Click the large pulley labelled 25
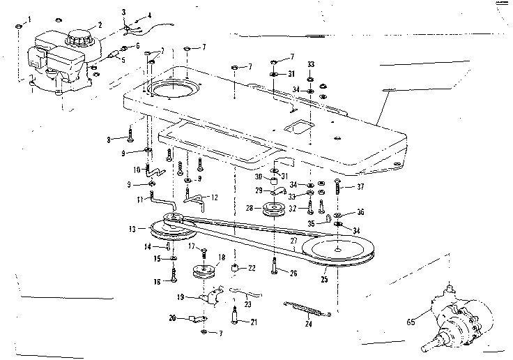(x=342, y=250)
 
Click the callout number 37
(x=360, y=186)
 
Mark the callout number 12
(x=214, y=197)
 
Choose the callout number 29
(x=258, y=190)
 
